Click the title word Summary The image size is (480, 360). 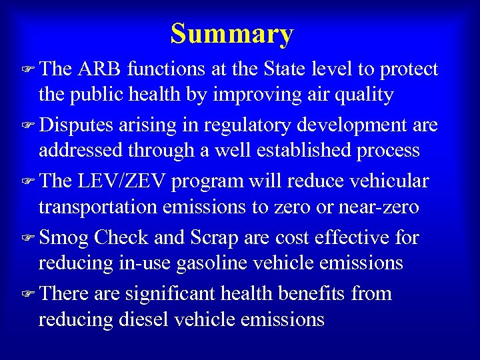231,34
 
